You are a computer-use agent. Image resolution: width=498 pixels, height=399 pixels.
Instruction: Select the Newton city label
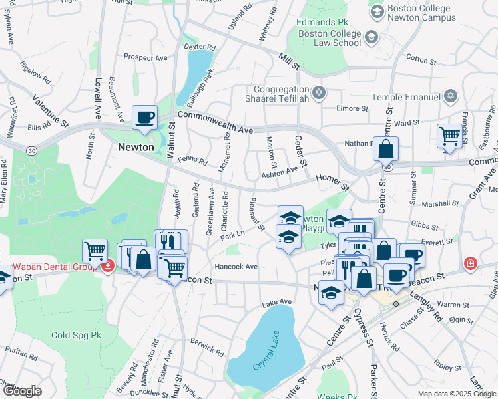pyautogui.click(x=136, y=147)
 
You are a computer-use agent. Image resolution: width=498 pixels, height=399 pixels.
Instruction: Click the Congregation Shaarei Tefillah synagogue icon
pyautogui.click(x=319, y=92)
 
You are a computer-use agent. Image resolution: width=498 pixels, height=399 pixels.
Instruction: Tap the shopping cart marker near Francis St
pyautogui.click(x=450, y=137)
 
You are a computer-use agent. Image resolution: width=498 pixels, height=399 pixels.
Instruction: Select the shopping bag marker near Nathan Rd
pyautogui.click(x=385, y=150)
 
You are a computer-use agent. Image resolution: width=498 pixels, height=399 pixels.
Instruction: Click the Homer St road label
pyautogui.click(x=332, y=182)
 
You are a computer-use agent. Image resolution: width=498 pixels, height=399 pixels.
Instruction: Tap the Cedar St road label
pyautogui.click(x=301, y=152)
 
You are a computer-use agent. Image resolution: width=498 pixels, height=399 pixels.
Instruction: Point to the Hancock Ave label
pyautogui.click(x=236, y=267)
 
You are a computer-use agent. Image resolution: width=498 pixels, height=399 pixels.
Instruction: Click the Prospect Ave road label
pyautogui.click(x=145, y=58)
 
